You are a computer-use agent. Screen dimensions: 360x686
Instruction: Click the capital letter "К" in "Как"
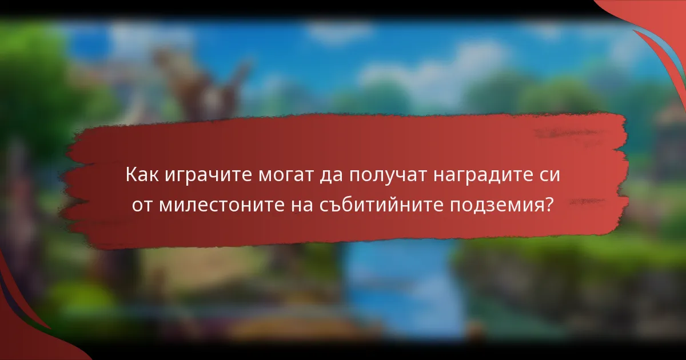[x=131, y=174]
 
